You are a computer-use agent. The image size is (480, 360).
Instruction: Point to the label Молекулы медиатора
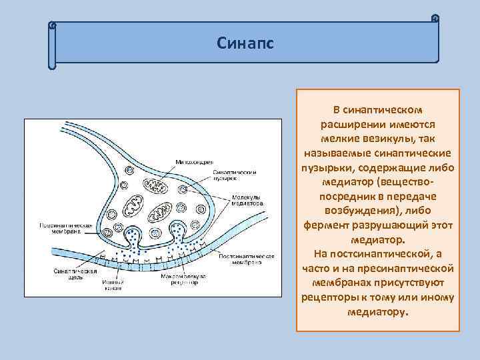(249, 200)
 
